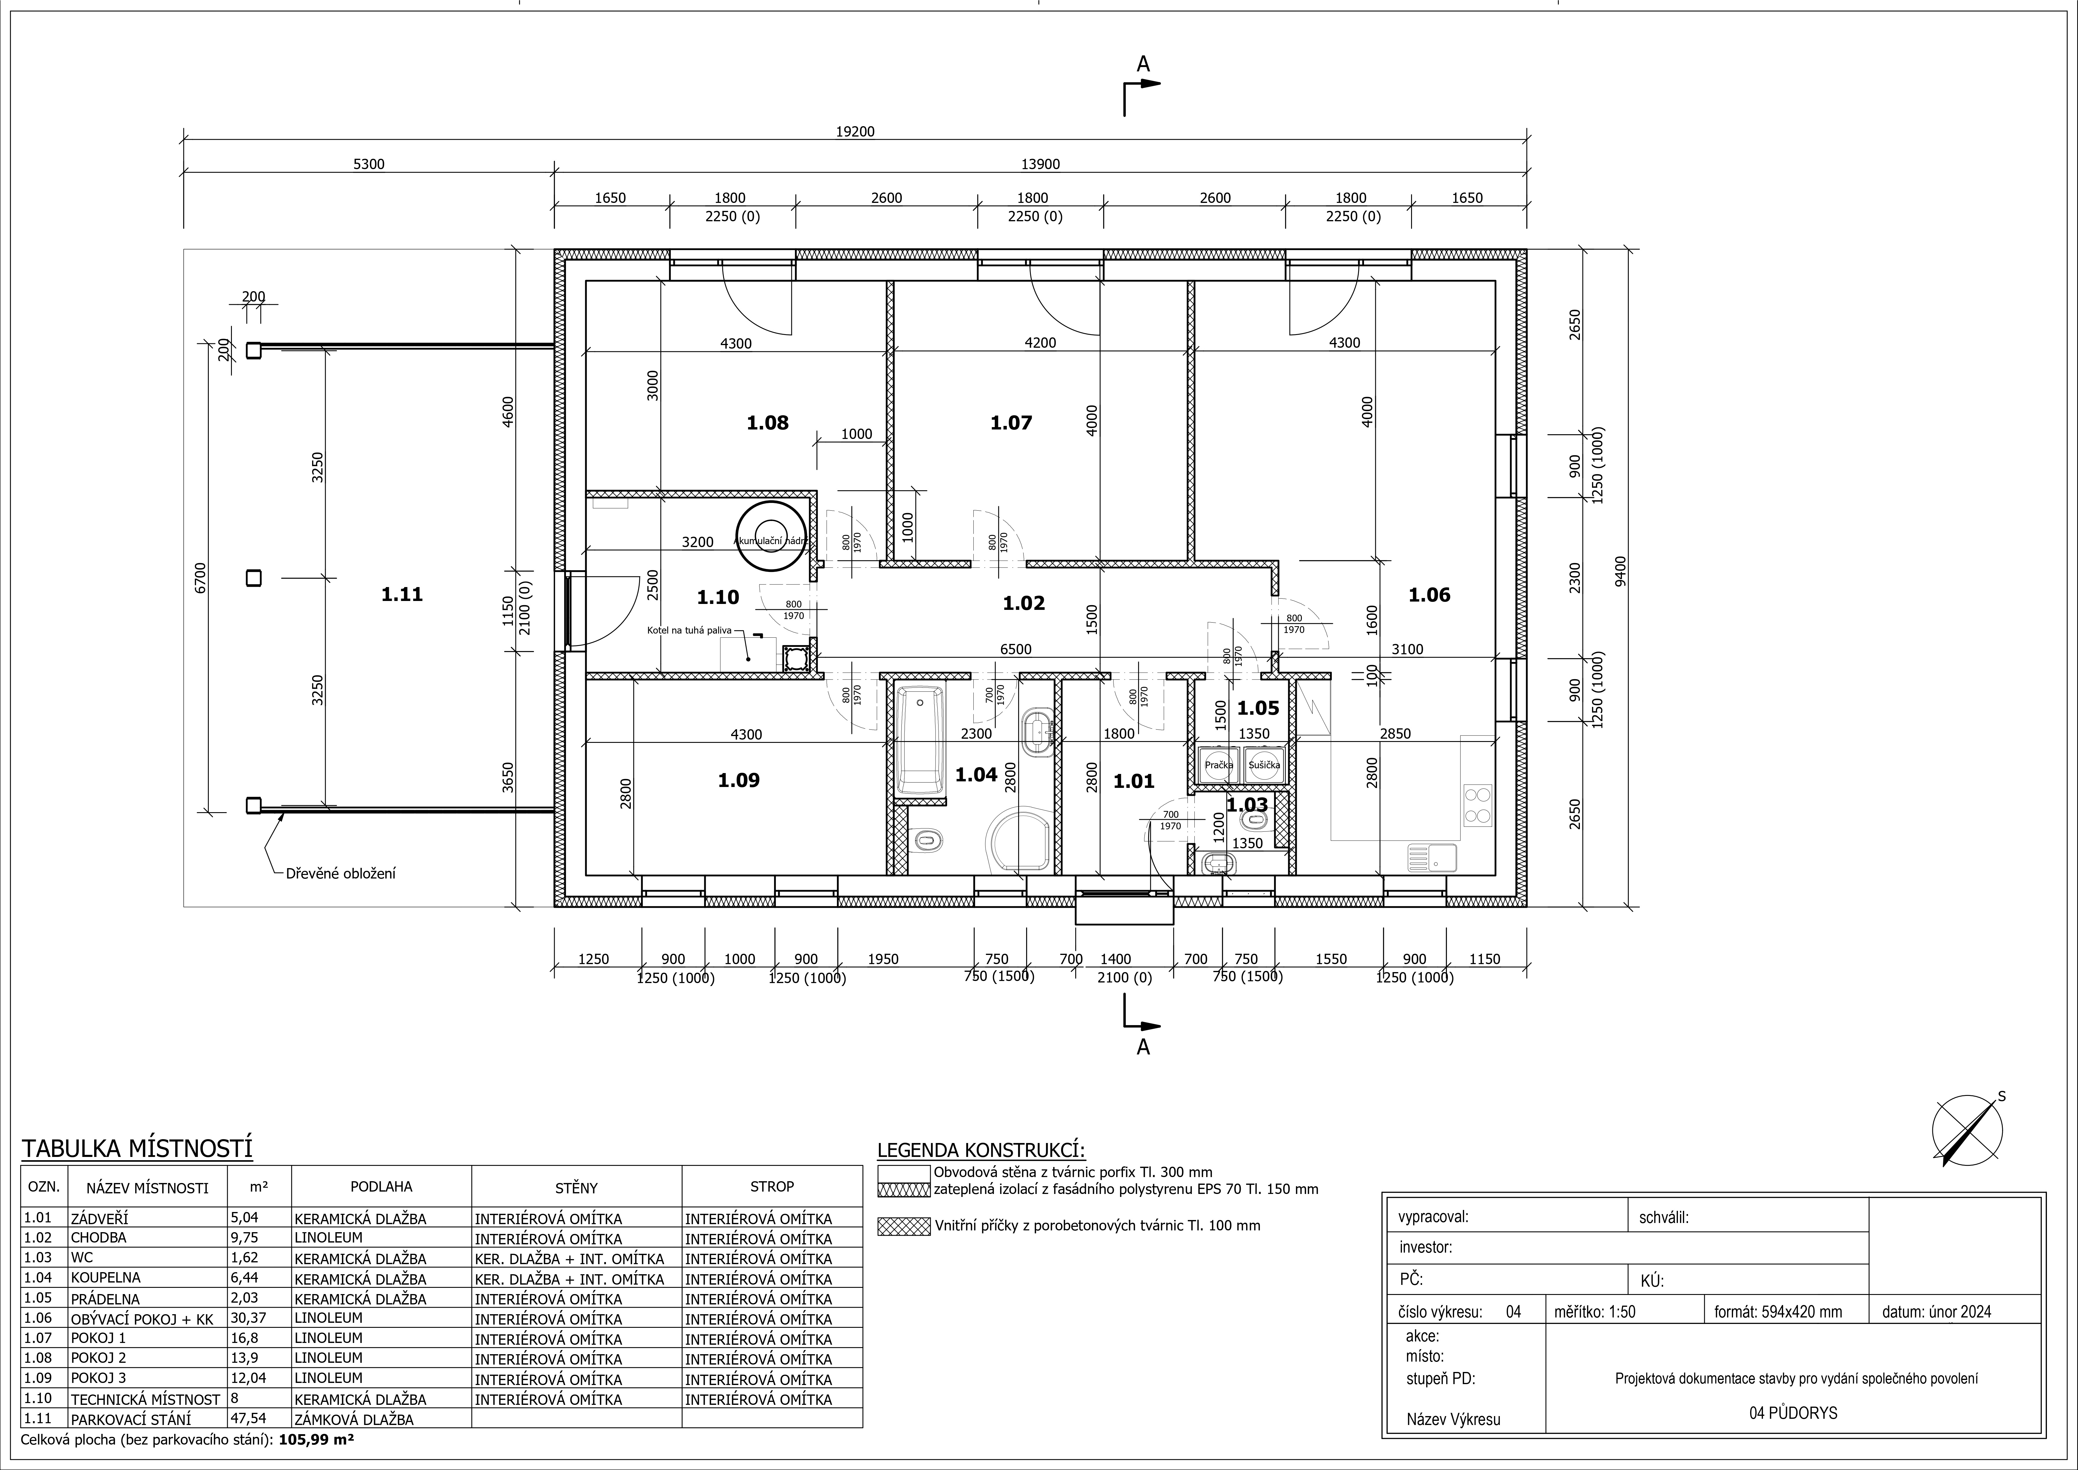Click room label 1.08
coord(768,423)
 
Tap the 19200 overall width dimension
coord(855,131)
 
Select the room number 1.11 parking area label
coord(402,595)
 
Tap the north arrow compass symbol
coord(1968,1131)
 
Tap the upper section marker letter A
coord(1143,64)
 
